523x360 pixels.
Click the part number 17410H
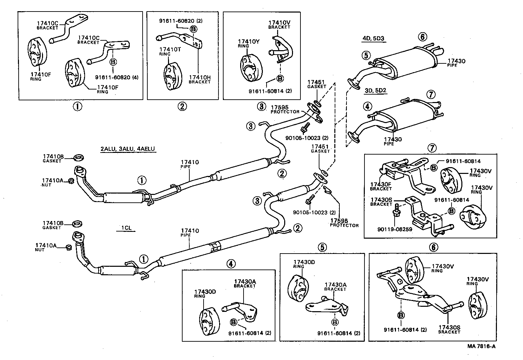click(x=200, y=78)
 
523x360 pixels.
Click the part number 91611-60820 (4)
click(x=118, y=77)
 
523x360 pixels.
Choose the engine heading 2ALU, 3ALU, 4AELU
click(x=128, y=149)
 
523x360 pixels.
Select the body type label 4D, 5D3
click(x=373, y=38)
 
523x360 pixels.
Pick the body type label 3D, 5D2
click(x=376, y=91)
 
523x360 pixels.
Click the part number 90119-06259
click(x=395, y=229)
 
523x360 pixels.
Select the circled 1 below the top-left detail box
click(x=77, y=107)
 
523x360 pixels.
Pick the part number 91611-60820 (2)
click(x=181, y=21)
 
